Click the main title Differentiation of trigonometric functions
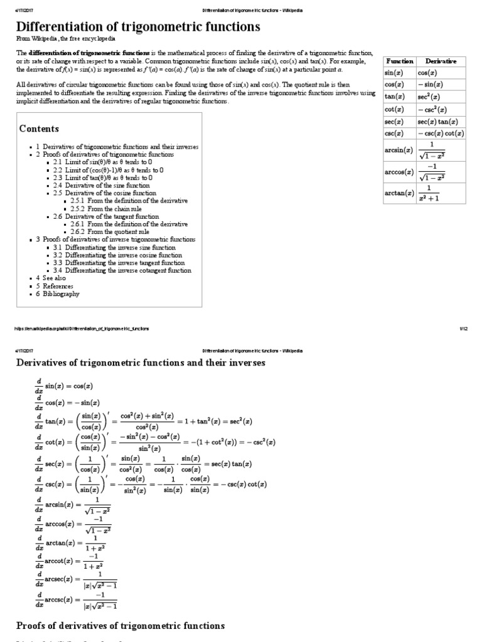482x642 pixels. click(x=138, y=26)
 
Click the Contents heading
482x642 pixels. click(x=39, y=129)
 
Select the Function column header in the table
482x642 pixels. click(x=399, y=61)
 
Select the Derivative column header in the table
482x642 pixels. click(x=441, y=61)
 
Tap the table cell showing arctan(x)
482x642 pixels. click(x=399, y=194)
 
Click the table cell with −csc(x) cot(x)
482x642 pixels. click(x=441, y=134)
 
